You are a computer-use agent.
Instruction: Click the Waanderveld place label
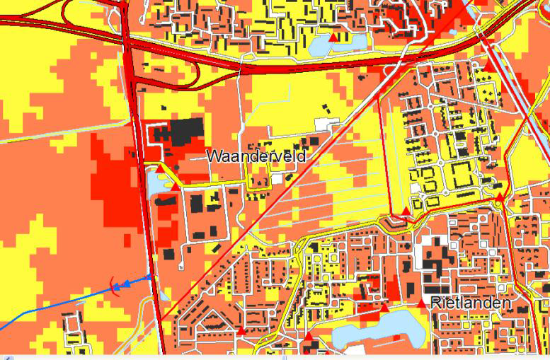click(x=256, y=156)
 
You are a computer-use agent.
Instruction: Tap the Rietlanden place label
click(x=469, y=303)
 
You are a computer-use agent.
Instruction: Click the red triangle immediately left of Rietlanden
click(x=422, y=303)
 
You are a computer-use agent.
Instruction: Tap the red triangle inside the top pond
click(x=333, y=37)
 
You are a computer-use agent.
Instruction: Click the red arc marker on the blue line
click(x=114, y=286)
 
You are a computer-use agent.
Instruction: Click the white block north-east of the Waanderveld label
click(x=323, y=124)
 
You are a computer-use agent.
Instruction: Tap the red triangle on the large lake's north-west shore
click(x=384, y=308)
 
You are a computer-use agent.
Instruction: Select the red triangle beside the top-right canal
click(x=488, y=65)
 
